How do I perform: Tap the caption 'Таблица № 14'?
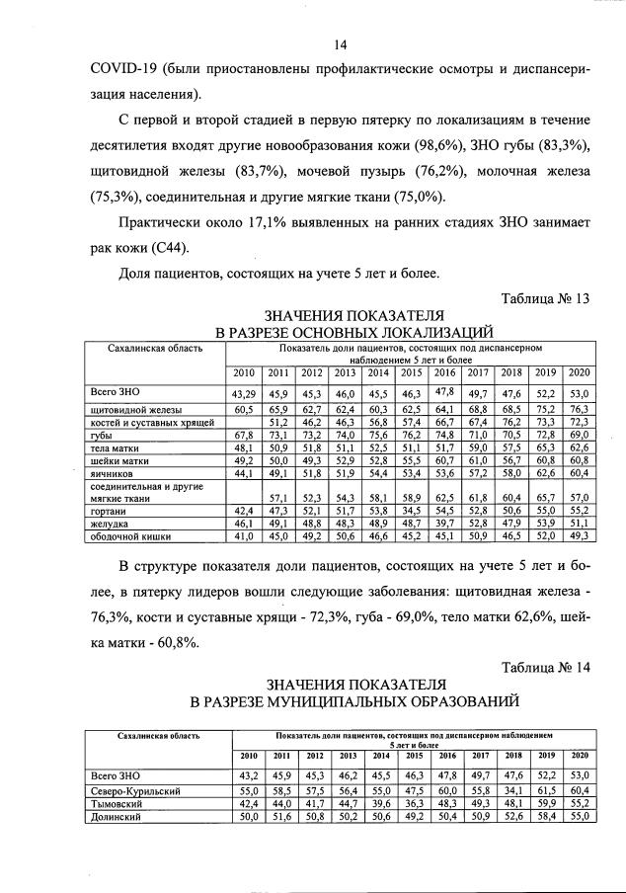tap(545, 666)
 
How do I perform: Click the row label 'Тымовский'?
tap(117, 805)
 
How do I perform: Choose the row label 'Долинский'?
tap(117, 818)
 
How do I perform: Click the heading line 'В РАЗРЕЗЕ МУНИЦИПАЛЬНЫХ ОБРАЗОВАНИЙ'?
tap(354, 701)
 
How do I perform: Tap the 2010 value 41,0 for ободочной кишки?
tap(244, 536)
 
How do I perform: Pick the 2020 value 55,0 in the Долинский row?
tap(579, 818)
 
